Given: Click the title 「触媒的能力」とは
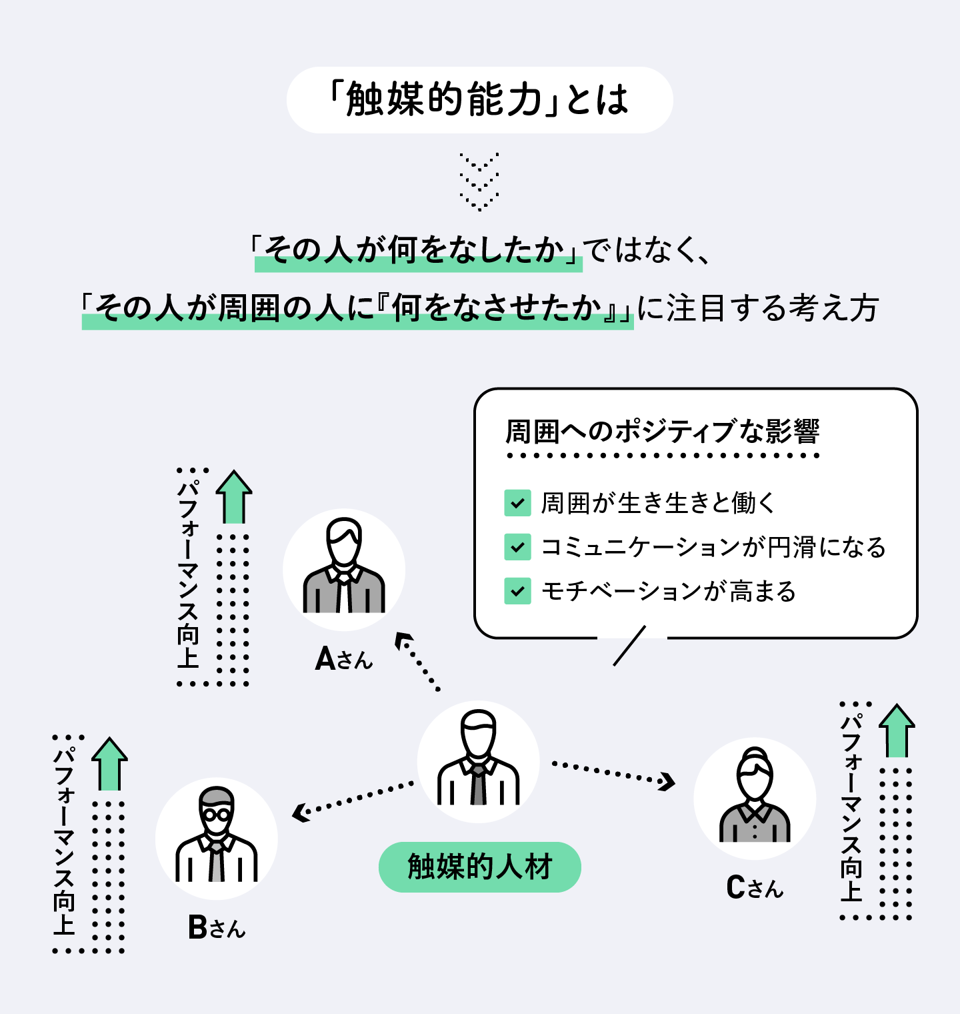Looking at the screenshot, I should [x=479, y=100].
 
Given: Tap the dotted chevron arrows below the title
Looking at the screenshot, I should [x=479, y=181].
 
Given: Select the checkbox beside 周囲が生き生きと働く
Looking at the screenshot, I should [x=517, y=503].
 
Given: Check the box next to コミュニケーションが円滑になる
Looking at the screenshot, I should [x=517, y=547].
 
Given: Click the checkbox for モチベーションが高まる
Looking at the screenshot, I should [x=517, y=591].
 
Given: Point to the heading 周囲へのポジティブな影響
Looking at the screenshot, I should [x=662, y=432].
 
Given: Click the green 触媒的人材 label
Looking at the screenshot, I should [x=479, y=867].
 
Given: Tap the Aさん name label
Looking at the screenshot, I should [x=343, y=659].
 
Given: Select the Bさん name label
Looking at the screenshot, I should [x=217, y=927].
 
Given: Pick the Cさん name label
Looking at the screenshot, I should [x=755, y=888].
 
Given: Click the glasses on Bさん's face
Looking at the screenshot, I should [x=217, y=815].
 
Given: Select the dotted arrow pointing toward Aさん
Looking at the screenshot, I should [x=417, y=661].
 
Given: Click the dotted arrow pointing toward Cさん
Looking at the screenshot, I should [x=613, y=773].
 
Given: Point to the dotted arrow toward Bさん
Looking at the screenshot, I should [x=353, y=799].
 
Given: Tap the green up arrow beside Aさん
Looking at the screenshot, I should [x=234, y=497].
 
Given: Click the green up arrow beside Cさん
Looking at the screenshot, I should [x=897, y=730].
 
